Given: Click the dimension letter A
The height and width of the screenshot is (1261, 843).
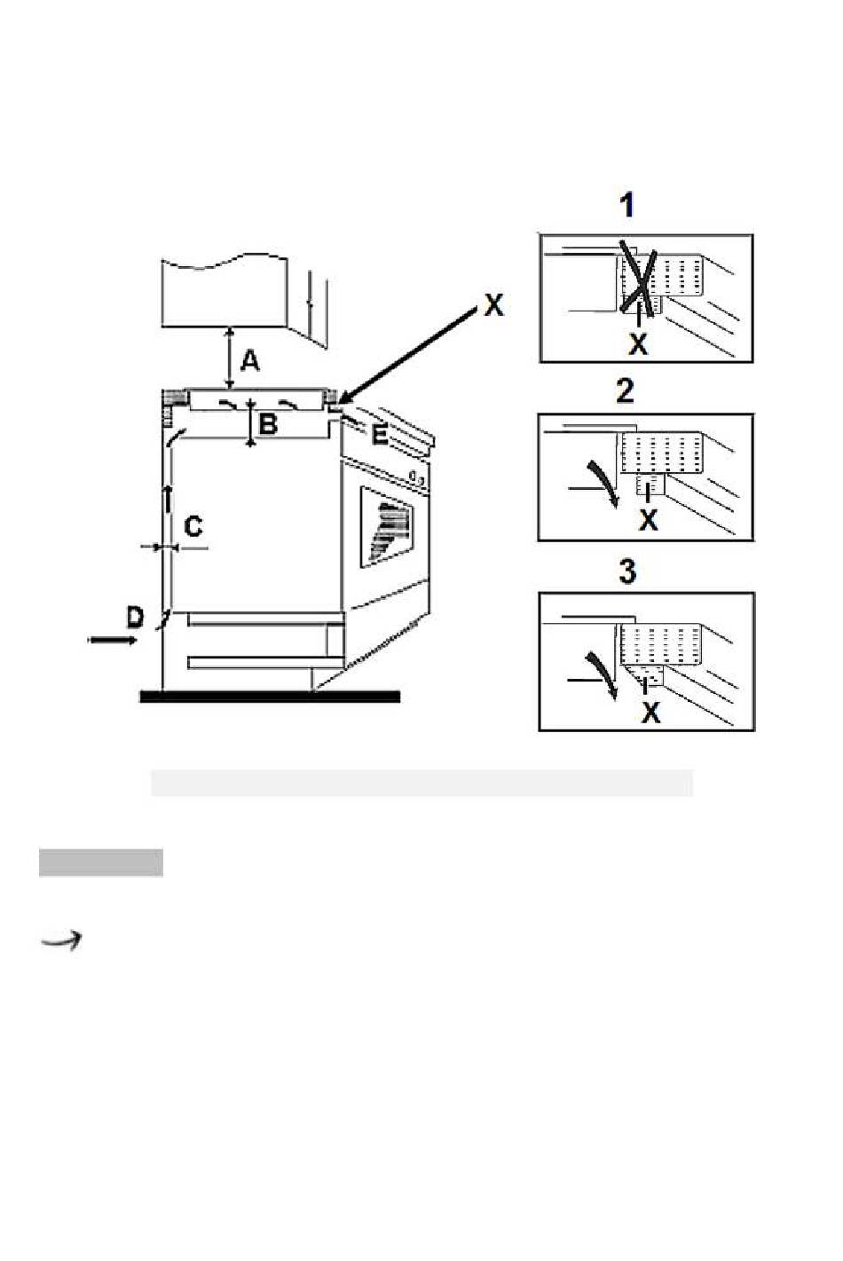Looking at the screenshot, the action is [249, 360].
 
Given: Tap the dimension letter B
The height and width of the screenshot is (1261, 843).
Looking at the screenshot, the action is [269, 423].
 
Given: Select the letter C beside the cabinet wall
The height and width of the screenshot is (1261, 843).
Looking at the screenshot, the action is [193, 526].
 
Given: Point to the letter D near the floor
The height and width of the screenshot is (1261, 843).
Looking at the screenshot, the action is [135, 618].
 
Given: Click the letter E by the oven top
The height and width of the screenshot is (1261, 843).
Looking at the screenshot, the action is [380, 435].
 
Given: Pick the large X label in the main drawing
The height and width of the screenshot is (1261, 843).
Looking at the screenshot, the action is [493, 304].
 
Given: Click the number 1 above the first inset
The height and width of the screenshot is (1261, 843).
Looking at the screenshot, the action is [626, 205].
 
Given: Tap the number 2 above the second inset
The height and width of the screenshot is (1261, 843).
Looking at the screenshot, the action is [626, 390].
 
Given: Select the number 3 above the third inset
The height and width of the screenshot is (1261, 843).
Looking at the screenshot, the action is [627, 571].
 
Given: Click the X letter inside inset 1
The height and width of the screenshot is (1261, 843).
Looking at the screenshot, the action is [638, 343].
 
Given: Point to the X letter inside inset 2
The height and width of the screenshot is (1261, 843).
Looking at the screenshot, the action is [649, 520].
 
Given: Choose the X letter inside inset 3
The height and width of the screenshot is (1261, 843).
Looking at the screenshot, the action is [650, 713].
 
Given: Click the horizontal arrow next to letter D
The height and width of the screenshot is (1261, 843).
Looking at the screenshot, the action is [113, 640].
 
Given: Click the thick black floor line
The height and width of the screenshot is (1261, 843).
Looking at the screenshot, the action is [270, 697].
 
